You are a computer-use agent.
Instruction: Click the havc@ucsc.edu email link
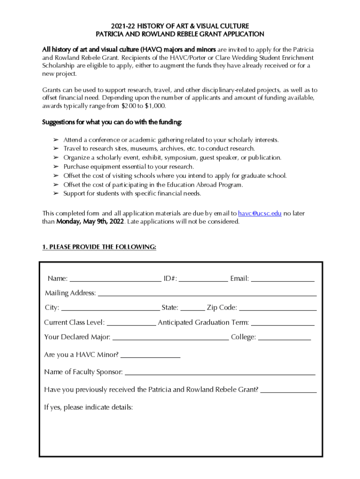259,213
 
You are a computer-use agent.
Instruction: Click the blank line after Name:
115,279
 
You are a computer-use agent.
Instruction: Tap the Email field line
283,279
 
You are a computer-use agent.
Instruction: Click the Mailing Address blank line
207,294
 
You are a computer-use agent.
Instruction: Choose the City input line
110,308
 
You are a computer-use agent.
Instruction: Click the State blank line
193,308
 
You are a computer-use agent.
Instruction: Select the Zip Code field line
278,308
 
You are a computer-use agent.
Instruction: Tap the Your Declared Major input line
171,338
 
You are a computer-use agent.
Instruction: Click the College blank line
284,338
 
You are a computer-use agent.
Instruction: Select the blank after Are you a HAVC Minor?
150,356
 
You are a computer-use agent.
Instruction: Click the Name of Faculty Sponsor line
220,373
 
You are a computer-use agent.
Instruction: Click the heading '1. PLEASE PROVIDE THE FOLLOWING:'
99,247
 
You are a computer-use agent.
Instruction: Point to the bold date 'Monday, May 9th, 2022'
90,222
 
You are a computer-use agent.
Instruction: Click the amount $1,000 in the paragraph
154,106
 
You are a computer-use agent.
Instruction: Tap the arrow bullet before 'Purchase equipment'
55,167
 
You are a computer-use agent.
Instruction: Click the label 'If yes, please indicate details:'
88,407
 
